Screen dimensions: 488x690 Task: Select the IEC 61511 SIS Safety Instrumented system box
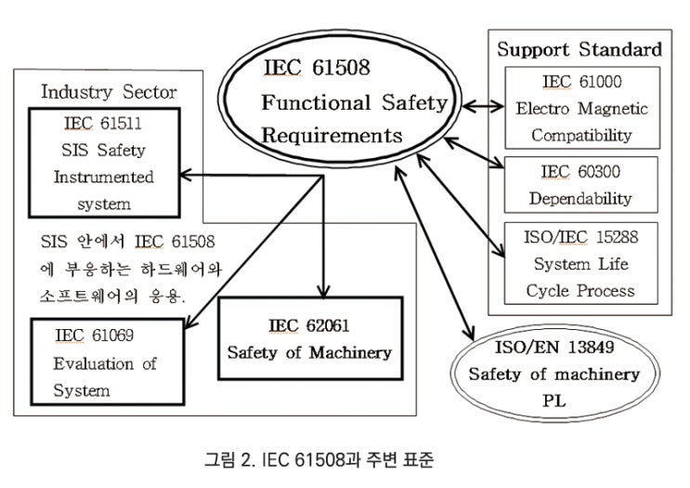(104, 163)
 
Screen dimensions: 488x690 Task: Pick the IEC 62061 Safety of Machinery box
(311, 338)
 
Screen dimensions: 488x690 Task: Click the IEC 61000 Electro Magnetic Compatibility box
(581, 109)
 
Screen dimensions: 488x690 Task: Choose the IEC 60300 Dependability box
(581, 184)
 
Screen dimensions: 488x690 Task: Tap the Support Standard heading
(579, 49)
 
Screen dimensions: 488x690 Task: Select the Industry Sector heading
(109, 91)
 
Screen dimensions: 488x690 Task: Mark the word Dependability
(581, 198)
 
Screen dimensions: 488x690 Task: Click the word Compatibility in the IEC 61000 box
(581, 135)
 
